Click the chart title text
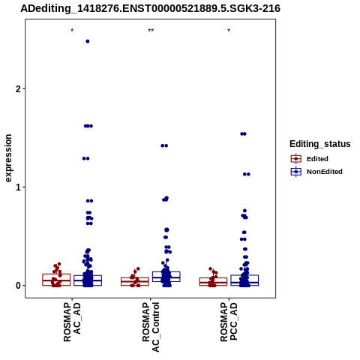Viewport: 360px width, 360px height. coord(150,9)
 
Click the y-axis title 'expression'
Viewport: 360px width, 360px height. coord(8,158)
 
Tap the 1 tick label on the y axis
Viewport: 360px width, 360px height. coord(18,187)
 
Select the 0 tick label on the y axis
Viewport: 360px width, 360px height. coord(18,286)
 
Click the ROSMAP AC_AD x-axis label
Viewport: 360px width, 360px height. coord(72,322)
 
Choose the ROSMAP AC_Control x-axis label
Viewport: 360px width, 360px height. coord(151,327)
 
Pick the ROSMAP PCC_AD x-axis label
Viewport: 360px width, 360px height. coord(229,322)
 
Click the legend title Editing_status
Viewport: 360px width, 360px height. coord(320,144)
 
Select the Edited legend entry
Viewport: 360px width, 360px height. coord(310,159)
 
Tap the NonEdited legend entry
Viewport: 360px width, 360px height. coord(316,172)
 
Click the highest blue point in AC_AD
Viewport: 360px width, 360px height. coord(88,41)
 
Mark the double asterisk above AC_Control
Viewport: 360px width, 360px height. coord(151,31)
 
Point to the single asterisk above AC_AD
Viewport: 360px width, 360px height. coord(72,31)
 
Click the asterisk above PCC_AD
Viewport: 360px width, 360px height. coord(229,31)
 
